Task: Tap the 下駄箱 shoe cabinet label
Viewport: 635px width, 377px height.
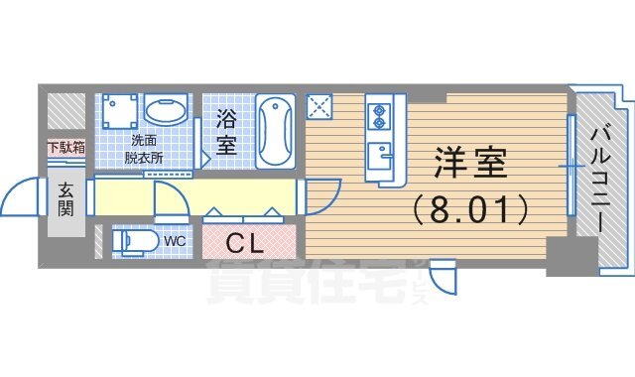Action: tap(65, 148)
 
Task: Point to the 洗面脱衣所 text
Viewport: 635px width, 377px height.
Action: tap(144, 148)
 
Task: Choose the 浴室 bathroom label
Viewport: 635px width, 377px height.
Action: tap(225, 134)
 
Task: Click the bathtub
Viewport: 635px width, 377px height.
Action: tap(275, 131)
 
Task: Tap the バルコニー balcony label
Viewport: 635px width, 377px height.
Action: tap(602, 179)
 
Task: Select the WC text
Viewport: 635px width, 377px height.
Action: tap(175, 241)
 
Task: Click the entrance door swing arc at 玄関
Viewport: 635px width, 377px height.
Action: tap(22, 197)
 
